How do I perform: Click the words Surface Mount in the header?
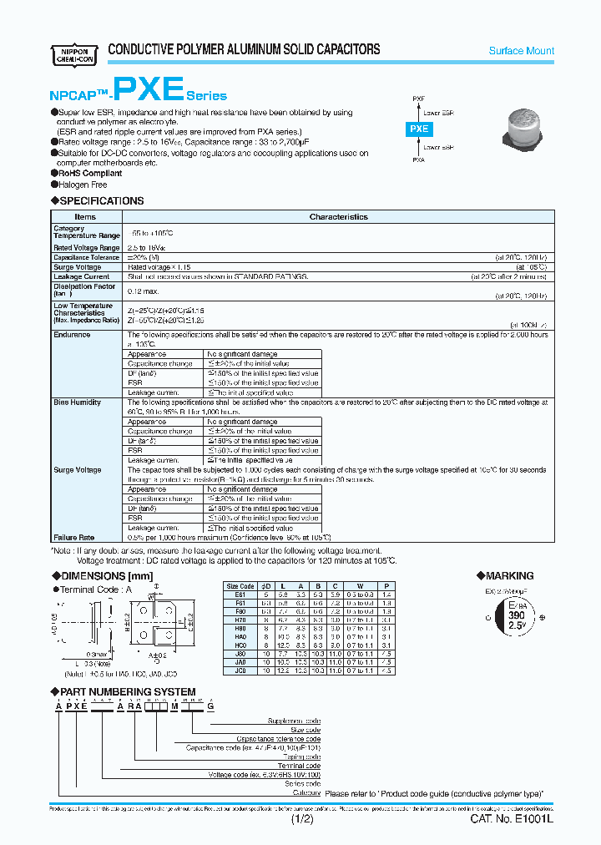[521, 51]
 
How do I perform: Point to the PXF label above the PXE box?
[418, 99]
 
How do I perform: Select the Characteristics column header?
[338, 216]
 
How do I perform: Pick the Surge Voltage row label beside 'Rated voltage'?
[78, 266]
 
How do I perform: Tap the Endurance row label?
[72, 334]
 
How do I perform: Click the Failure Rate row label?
[74, 538]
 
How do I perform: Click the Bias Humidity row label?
[78, 402]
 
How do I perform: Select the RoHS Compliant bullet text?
[90, 173]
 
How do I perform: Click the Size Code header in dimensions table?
[240, 586]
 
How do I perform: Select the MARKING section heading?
[508, 576]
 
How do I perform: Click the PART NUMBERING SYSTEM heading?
[129, 691]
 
